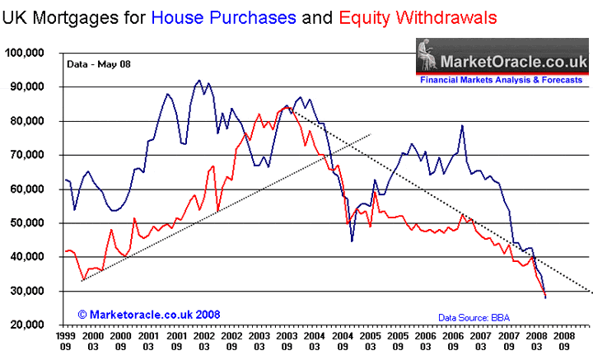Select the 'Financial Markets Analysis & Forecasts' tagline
502,81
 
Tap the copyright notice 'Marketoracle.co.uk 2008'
128,314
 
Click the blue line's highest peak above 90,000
198,81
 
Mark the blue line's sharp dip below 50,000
352,241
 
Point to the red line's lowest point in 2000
82,279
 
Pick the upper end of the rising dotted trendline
371,133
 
